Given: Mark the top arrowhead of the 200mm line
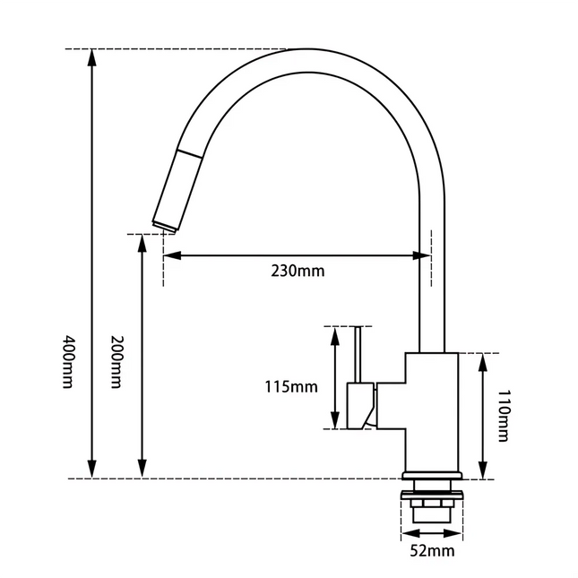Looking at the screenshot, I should (x=141, y=243).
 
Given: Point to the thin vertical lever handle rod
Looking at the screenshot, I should (x=358, y=354).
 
